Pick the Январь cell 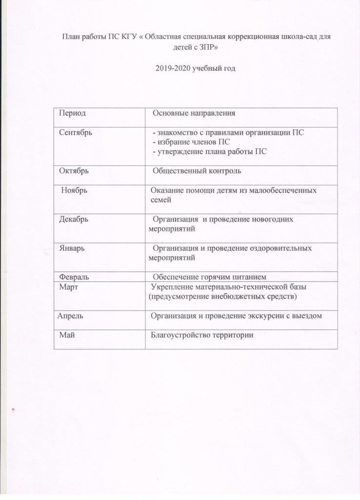point(72,248)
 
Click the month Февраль point(74,277)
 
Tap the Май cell point(67,335)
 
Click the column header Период point(72,113)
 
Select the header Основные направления point(194,113)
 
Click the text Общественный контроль point(197,171)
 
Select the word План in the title point(69,36)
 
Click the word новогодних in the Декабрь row point(271,219)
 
